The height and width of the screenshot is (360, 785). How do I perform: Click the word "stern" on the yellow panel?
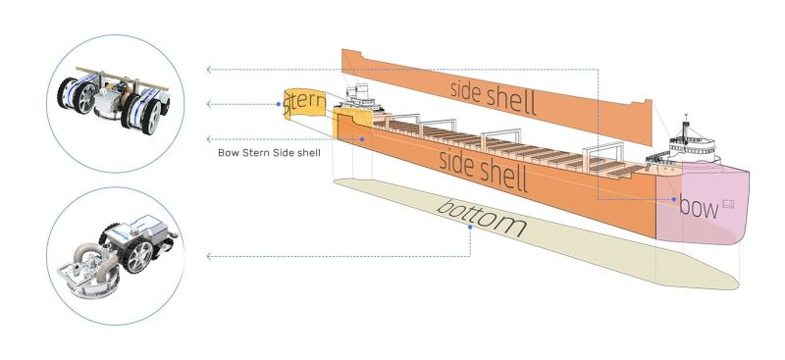(x=303, y=104)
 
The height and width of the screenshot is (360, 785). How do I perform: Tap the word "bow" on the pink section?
(x=699, y=206)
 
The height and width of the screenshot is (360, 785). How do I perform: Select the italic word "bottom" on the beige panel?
(x=481, y=219)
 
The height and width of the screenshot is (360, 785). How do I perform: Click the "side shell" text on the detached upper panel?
(x=494, y=97)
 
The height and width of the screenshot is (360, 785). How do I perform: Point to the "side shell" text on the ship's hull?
(x=483, y=172)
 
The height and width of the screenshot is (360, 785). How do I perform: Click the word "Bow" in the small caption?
(x=229, y=153)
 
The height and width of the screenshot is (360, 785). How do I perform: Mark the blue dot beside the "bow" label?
(x=674, y=199)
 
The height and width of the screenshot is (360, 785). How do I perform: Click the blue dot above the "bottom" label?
(x=470, y=228)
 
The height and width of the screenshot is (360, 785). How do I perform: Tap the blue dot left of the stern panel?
(x=279, y=104)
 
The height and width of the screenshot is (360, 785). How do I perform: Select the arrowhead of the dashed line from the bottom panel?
(x=209, y=256)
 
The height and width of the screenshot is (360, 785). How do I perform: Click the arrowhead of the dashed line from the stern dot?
(x=209, y=104)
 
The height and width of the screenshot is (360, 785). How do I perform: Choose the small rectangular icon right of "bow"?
(x=728, y=203)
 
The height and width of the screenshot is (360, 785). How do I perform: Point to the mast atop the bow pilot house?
(x=686, y=126)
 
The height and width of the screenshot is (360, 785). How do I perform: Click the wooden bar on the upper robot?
(x=122, y=79)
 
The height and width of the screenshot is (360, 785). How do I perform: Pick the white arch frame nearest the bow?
(x=603, y=150)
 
